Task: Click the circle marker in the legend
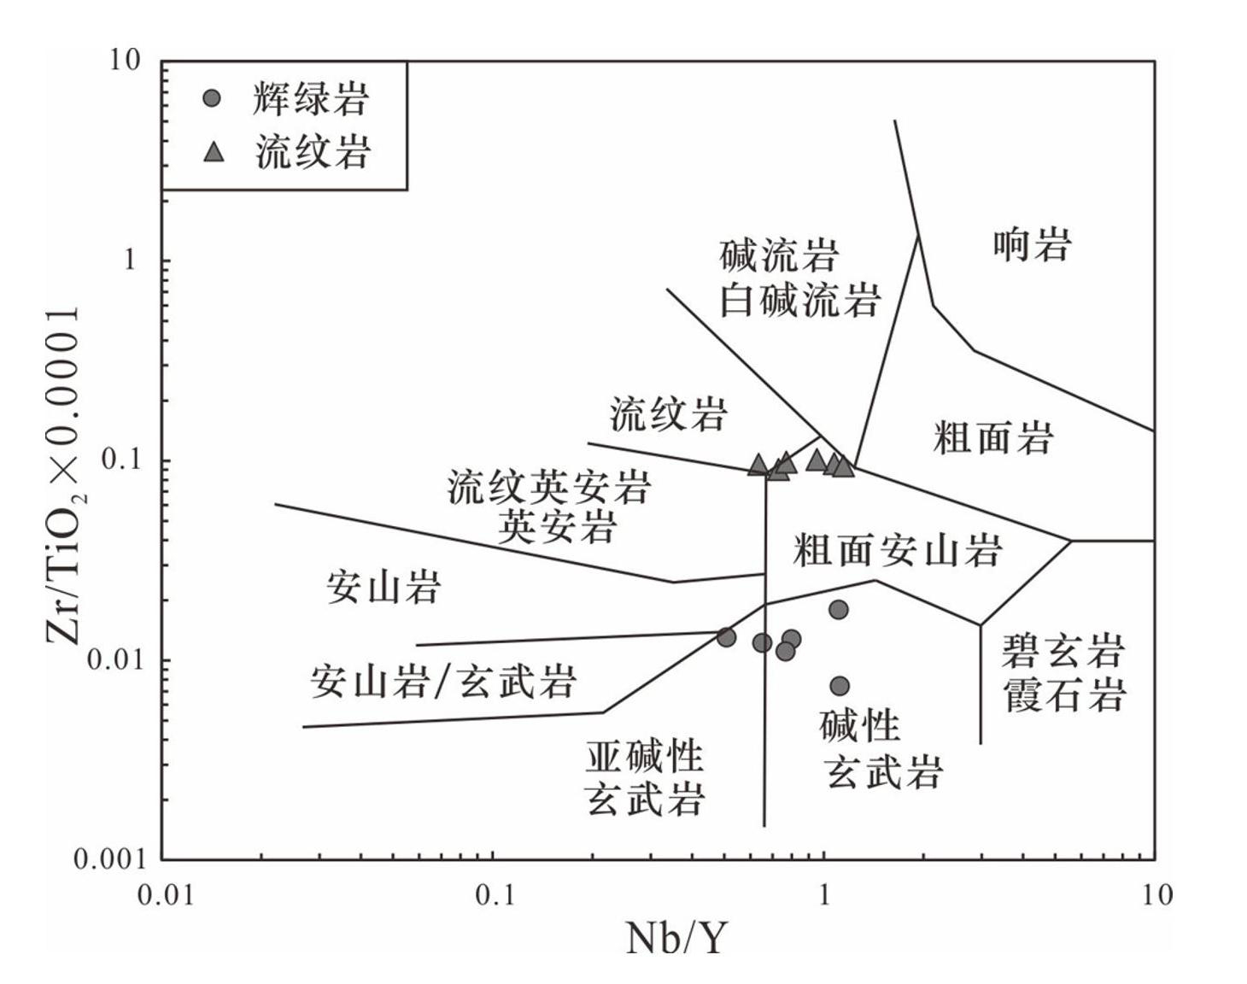tap(213, 98)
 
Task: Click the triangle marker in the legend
tap(214, 153)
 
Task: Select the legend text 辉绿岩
tap(311, 99)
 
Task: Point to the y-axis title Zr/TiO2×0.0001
tap(64, 476)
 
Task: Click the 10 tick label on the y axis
tap(124, 61)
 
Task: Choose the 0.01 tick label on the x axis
tap(166, 895)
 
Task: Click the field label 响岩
tap(1032, 245)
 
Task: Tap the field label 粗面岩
tap(992, 438)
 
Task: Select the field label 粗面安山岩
tap(896, 550)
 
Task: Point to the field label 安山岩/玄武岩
tap(443, 682)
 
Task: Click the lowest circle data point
tap(840, 686)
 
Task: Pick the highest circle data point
tap(839, 610)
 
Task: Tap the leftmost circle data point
tap(726, 637)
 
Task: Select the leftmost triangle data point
tap(758, 465)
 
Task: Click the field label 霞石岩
tap(1064, 695)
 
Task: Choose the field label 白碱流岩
tap(799, 301)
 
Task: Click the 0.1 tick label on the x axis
tap(495, 895)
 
